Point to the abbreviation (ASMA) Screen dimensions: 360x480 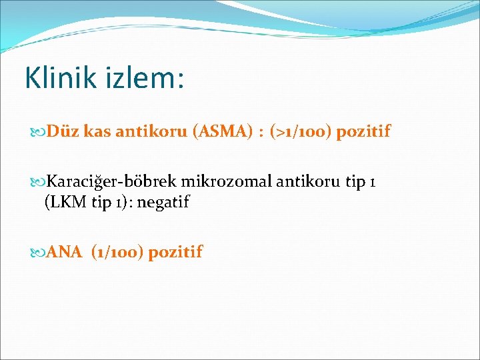222,132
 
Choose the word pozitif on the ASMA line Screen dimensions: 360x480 363,132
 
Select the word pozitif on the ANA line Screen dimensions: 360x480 175,252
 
